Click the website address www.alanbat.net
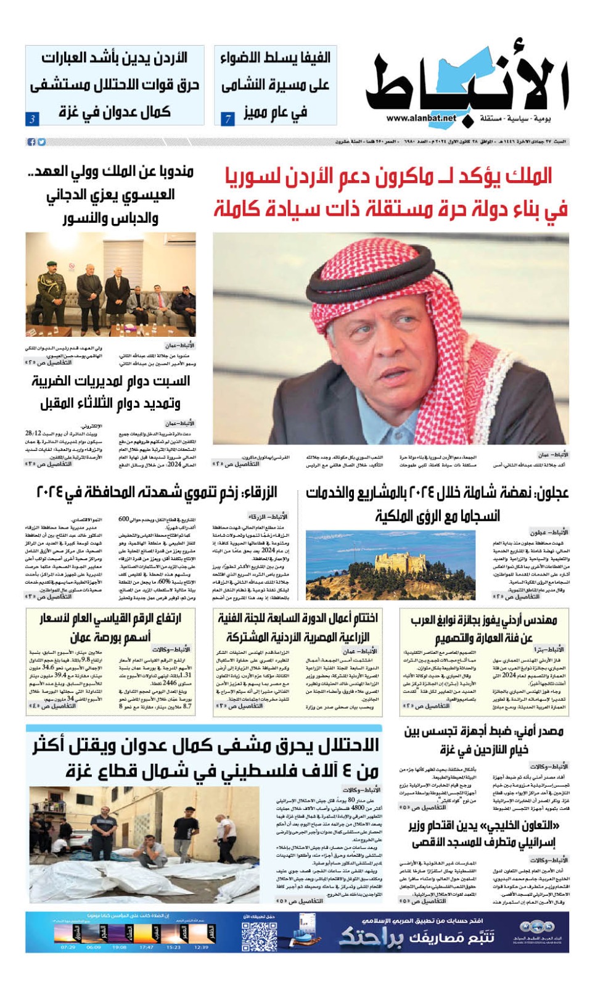[422, 118]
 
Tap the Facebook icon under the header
[31, 142]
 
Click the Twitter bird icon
[41, 142]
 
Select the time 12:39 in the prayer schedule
[201, 947]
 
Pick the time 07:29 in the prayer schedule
[68, 947]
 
